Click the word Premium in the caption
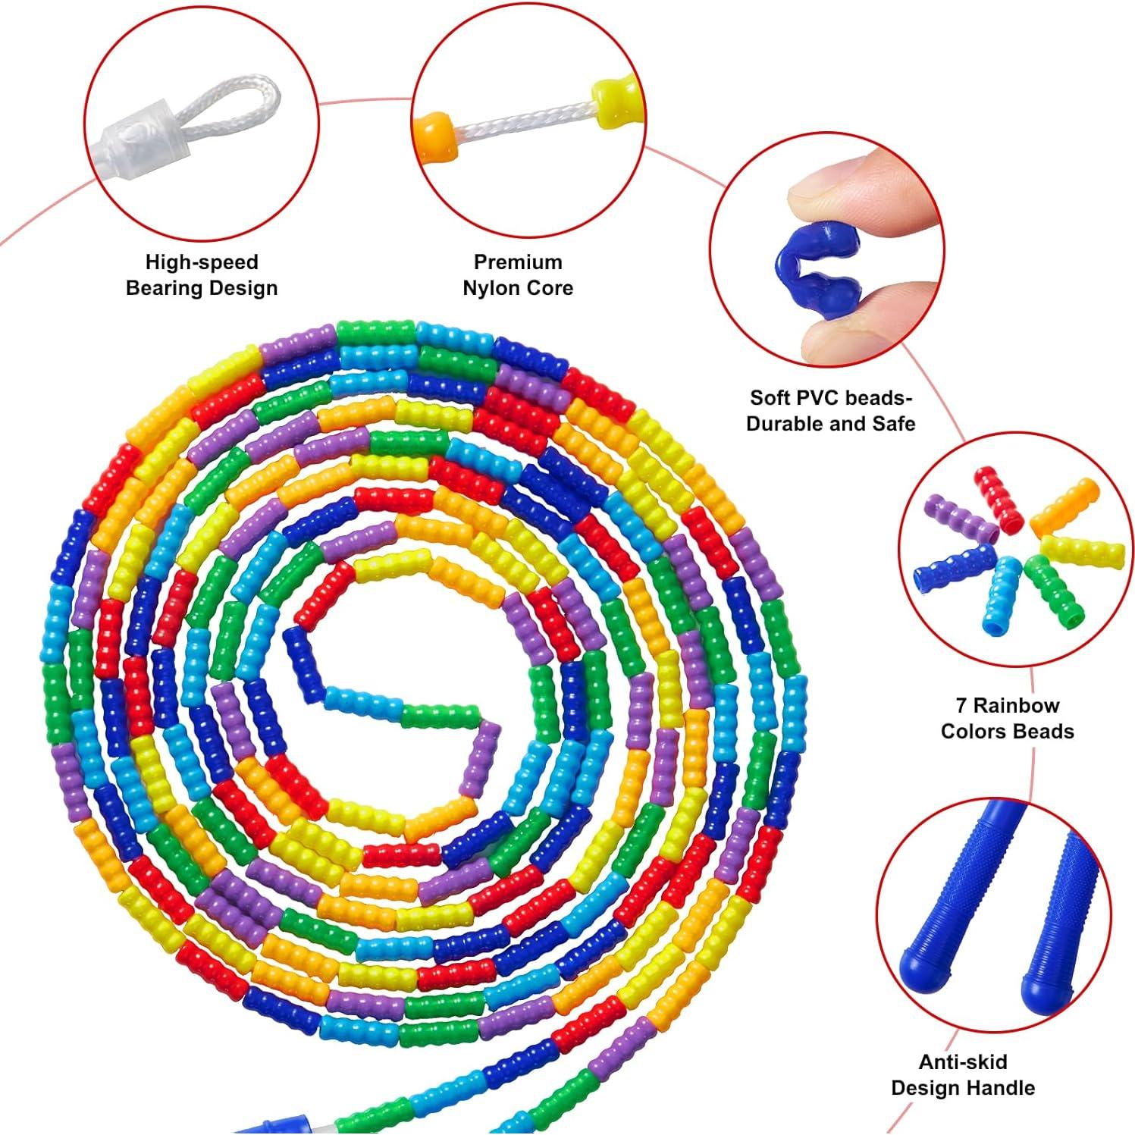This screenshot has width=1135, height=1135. point(518,262)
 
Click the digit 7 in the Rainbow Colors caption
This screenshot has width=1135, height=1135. point(961,706)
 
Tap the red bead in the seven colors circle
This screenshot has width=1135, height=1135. point(999,497)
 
